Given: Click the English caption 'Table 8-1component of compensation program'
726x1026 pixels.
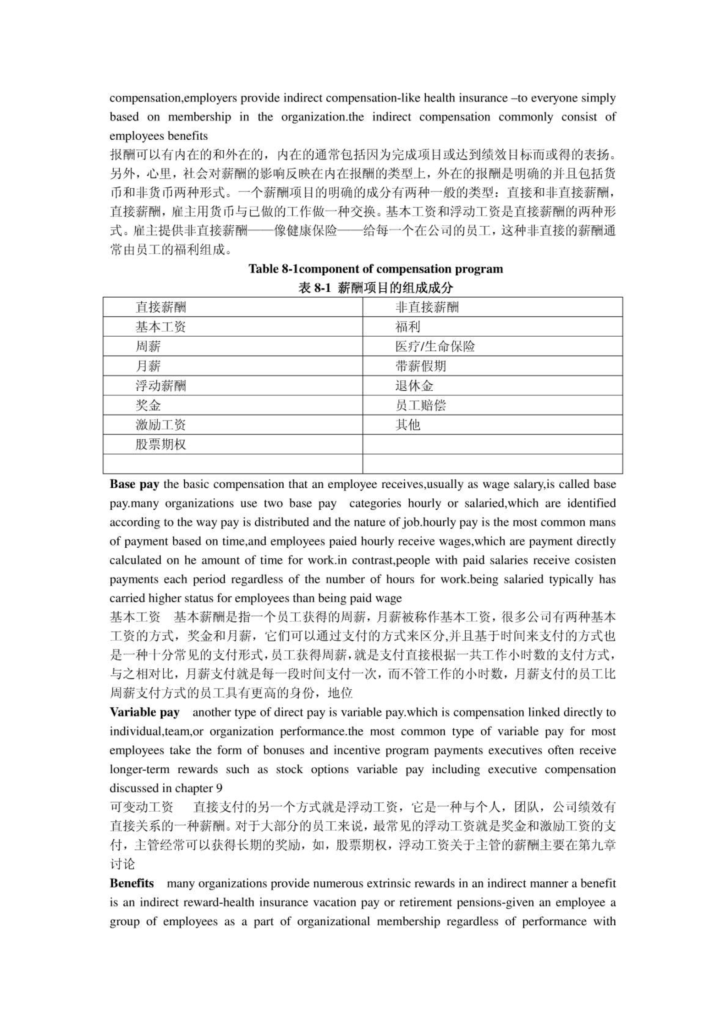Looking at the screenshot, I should (376, 269).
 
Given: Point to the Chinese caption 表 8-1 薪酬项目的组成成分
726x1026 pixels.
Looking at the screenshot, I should (376, 288).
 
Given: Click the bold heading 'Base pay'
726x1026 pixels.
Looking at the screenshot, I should (134, 484).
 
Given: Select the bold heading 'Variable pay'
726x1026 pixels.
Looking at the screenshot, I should (144, 712).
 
